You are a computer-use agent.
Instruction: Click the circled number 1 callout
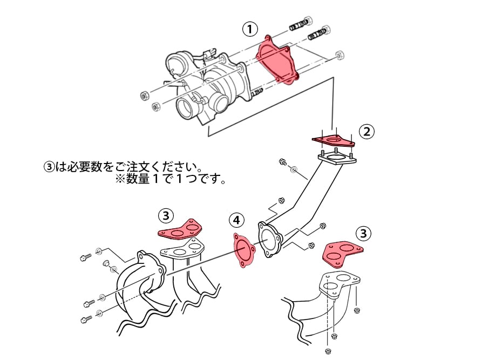click(250, 29)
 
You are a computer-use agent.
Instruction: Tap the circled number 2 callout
click(367, 131)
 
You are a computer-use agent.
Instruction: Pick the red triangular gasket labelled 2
click(334, 141)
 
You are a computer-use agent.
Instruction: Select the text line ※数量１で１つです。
click(169, 179)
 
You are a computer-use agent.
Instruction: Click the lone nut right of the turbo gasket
click(340, 55)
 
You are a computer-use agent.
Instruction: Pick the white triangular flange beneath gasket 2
click(336, 160)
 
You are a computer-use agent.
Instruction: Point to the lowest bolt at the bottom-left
click(85, 319)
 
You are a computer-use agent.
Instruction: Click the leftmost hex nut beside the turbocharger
click(144, 96)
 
